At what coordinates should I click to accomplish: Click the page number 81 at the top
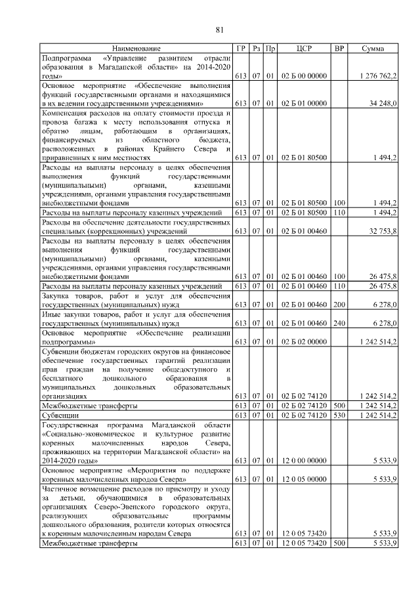pos(220,28)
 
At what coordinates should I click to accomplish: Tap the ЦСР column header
pos(303,49)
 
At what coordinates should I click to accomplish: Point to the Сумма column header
pos(373,49)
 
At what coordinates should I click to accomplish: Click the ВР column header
pos(339,49)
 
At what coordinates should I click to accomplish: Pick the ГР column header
pos(241,49)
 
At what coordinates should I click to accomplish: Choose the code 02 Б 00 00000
pos(303,76)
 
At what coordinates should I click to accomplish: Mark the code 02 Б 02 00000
pos(303,341)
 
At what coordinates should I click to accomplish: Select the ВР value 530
pos(339,415)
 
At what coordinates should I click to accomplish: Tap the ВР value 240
pos(339,323)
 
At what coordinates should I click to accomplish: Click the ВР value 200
pos(339,305)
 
